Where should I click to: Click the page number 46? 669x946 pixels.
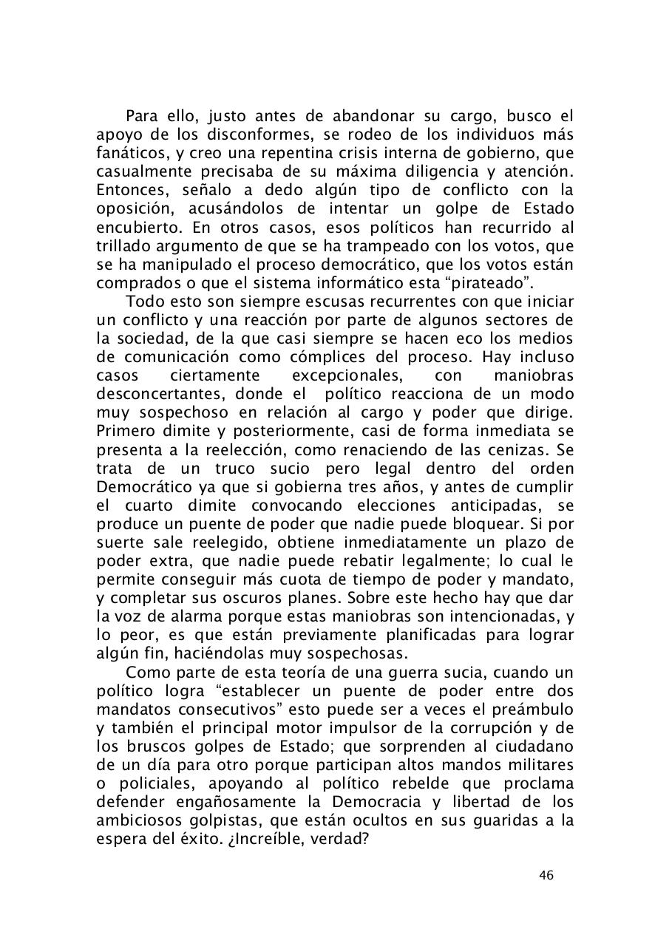546,876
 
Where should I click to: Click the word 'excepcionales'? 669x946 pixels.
347,375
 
